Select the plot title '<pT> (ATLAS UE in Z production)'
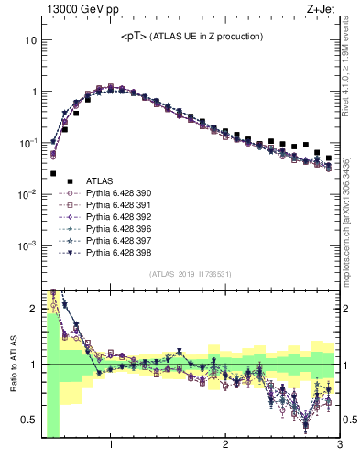(192, 37)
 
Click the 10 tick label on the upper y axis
(31, 41)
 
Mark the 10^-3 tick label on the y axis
(27, 245)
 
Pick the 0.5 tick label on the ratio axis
(28, 420)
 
